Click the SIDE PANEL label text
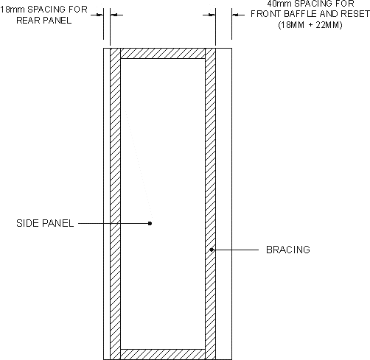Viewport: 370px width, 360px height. click(x=45, y=223)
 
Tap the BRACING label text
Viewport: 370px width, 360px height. click(x=288, y=250)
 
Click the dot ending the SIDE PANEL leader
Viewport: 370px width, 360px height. click(x=150, y=223)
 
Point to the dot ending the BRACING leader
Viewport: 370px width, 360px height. click(x=212, y=250)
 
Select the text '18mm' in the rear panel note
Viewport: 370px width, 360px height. click(x=13, y=10)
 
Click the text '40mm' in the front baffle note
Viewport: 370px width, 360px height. click(x=279, y=4)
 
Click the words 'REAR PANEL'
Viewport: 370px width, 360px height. click(x=44, y=21)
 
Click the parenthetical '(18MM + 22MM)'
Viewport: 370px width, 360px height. click(x=310, y=25)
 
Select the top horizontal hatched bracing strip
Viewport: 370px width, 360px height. click(x=163, y=54)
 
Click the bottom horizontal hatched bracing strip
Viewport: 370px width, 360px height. click(x=163, y=354)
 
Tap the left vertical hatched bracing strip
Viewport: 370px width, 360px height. click(x=115, y=204)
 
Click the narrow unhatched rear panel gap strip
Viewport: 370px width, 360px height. click(x=107, y=204)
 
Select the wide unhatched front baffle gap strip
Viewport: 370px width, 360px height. click(x=223, y=204)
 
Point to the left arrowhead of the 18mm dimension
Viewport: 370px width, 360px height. click(x=100, y=15)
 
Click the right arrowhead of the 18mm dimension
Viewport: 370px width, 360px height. click(x=114, y=15)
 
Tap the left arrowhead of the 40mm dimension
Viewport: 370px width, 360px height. click(x=212, y=15)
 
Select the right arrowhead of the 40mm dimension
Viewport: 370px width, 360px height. click(x=235, y=15)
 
